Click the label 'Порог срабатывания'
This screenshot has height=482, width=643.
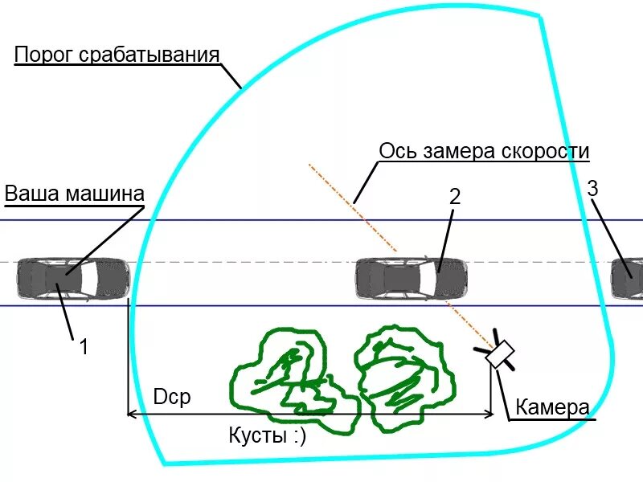click(x=117, y=55)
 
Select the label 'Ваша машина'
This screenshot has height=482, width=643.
click(x=74, y=194)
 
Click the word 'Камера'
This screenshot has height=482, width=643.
click(x=552, y=407)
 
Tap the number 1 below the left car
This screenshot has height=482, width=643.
click(x=83, y=347)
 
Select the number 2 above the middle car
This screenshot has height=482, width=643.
click(x=454, y=196)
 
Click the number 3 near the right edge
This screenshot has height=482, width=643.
click(x=593, y=189)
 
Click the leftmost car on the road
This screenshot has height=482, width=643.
click(x=73, y=278)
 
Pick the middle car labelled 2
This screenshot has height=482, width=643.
click(x=411, y=278)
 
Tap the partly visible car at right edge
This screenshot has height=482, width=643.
click(x=628, y=278)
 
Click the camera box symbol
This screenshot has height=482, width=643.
click(x=502, y=354)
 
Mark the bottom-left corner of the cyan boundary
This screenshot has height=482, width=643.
click(x=164, y=464)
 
